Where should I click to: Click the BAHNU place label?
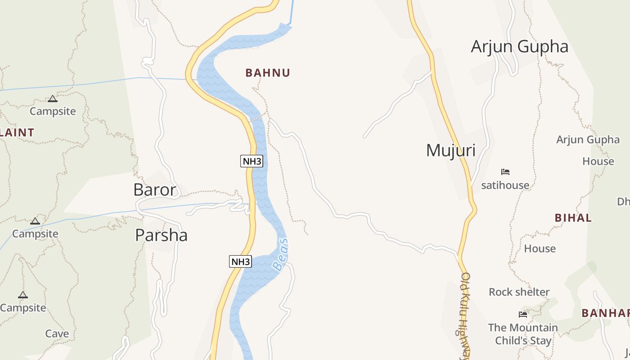click(268, 73)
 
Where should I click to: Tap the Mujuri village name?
click(450, 150)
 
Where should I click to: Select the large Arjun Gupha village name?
click(519, 47)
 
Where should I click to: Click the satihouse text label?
click(505, 185)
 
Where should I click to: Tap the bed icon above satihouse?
click(505, 171)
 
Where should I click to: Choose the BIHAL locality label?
click(573, 218)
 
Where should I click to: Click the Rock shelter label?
click(519, 292)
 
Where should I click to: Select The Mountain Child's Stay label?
click(523, 334)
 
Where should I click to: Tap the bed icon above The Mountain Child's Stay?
click(522, 314)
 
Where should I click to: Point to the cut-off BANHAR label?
click(605, 313)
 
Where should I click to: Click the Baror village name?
click(155, 190)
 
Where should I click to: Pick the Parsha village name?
click(161, 235)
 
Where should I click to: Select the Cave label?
click(57, 334)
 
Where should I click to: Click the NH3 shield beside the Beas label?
click(240, 261)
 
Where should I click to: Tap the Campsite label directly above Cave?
click(23, 308)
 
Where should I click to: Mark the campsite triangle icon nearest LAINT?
click(53, 99)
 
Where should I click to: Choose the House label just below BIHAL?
click(540, 248)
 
